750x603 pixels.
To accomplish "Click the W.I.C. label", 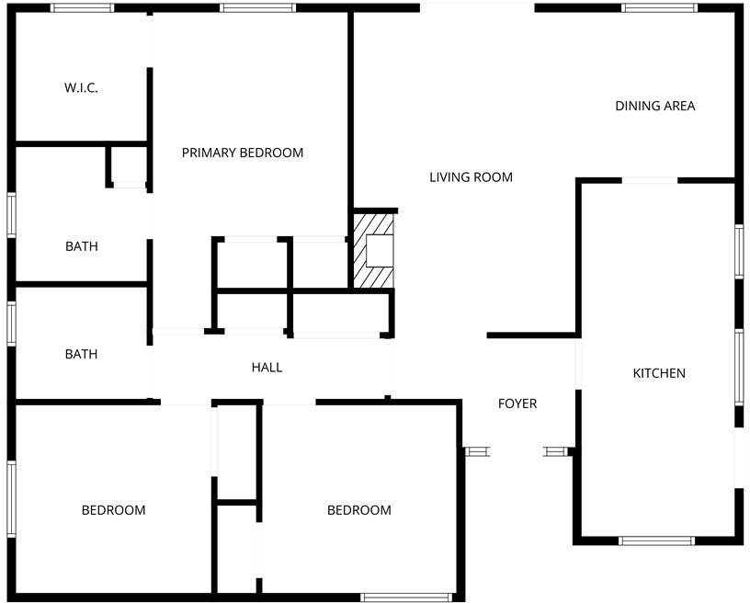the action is pos(81,88).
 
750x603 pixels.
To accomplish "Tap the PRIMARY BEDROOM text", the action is pos(243,153).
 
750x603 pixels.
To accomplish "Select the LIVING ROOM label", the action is pos(471,177).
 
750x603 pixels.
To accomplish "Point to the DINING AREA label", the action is pos(654,106).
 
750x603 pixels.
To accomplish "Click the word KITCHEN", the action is pos(659,373).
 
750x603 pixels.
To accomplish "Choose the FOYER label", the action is pos(517,404).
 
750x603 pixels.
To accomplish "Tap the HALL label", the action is pos(267,368).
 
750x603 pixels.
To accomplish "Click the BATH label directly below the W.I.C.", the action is pos(81,246).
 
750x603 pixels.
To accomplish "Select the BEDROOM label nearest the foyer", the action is pos(358,510).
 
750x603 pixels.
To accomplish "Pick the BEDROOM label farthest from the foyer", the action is pos(113,510).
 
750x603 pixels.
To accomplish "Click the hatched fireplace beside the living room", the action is pos(373,251).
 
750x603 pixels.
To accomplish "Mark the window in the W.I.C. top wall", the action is pos(83,7).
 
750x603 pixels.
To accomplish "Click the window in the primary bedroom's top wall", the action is pos(257,7).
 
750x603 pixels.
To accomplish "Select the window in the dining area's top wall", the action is pos(659,7).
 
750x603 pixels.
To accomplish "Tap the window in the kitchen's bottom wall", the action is pos(656,540).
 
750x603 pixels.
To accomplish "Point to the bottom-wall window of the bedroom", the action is pos(406,597).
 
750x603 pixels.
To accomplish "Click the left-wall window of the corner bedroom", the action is pos(11,498).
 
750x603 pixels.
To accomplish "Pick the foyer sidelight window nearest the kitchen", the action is pos(556,451).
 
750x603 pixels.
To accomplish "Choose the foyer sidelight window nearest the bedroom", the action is pos(477,451).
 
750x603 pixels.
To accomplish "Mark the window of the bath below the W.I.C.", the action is pos(11,215).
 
